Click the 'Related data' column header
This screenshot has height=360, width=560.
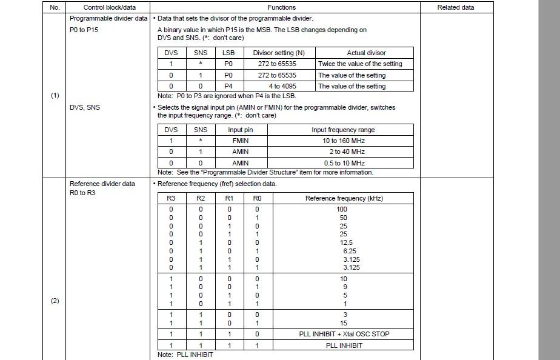pos(456,7)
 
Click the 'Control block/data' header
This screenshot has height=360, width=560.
pos(109,7)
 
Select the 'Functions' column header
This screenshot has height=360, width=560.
pos(281,7)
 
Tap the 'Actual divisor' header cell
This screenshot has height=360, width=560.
pos(366,53)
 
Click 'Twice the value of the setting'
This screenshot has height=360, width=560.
pos(360,64)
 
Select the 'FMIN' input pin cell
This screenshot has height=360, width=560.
pos(241,141)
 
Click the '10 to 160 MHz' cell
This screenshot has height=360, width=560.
pos(343,141)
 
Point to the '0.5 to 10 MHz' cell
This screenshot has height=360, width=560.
pos(343,163)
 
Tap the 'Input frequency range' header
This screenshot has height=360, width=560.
pos(343,130)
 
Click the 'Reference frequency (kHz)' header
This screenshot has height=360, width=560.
pos(344,198)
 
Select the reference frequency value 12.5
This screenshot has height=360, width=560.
pos(347,242)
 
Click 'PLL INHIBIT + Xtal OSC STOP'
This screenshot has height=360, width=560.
pos(344,334)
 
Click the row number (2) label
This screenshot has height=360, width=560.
pos(55,301)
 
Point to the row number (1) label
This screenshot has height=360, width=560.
pos(55,95)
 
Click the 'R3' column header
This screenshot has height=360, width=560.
pos(171,198)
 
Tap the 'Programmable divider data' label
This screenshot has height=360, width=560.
pos(108,18)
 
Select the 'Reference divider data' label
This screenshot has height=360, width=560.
pos(102,184)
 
